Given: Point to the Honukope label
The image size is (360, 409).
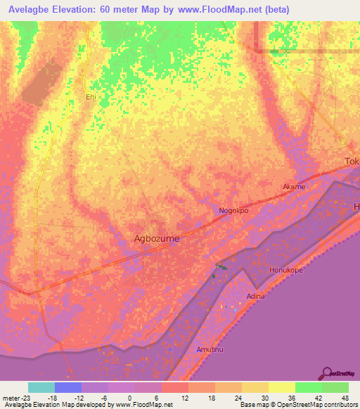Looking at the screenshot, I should (x=285, y=270).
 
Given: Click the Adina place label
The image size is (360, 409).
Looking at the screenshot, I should (x=256, y=297).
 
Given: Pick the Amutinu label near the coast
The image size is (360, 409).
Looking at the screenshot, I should (x=210, y=350).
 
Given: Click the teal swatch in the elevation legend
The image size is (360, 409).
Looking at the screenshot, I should (x=41, y=387).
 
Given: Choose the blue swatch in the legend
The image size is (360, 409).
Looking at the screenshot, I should (x=68, y=387).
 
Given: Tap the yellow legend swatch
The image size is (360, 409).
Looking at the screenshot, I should (x=282, y=387).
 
